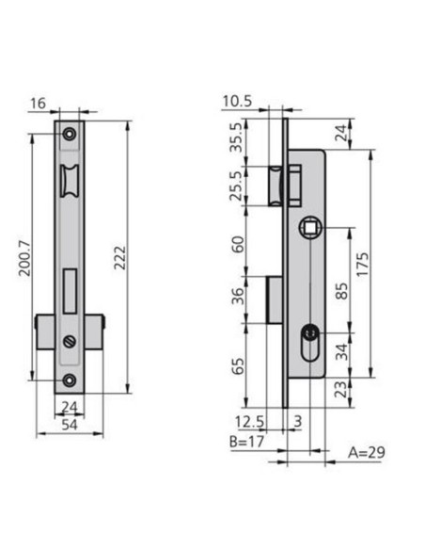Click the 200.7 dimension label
pos(24,258)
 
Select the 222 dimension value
pos(119,257)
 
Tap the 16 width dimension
pos(38,104)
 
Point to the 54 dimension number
pos(70,425)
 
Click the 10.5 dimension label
pos(237,102)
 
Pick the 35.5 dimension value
pos(236,137)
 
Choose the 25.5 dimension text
pos(236,186)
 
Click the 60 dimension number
pos(238,245)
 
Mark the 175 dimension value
pos(362,264)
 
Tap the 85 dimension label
pos(341,291)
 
